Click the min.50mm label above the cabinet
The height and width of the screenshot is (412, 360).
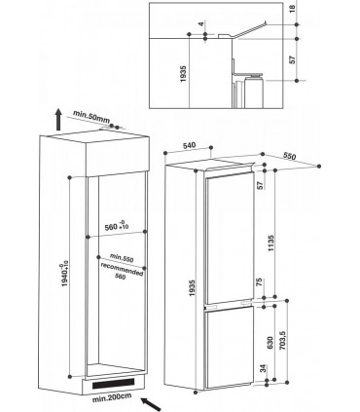click(91, 118)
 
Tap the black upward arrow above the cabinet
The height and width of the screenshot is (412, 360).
click(57, 121)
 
